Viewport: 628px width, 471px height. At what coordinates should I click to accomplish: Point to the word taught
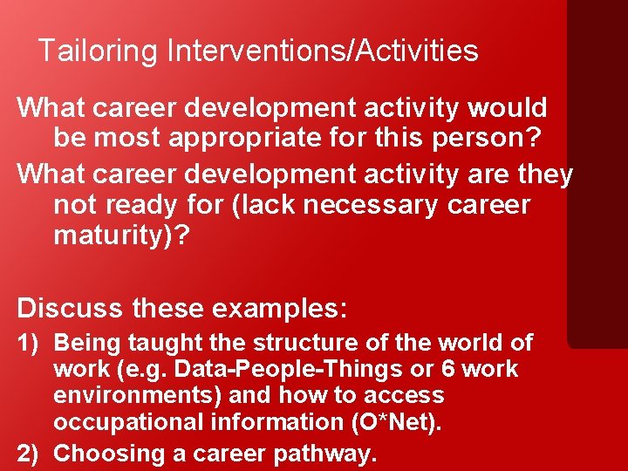pyautogui.click(x=162, y=344)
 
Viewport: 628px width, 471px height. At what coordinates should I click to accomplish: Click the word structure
pyautogui.click(x=293, y=344)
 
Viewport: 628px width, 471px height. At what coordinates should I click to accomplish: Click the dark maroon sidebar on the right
pyautogui.click(x=597, y=174)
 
